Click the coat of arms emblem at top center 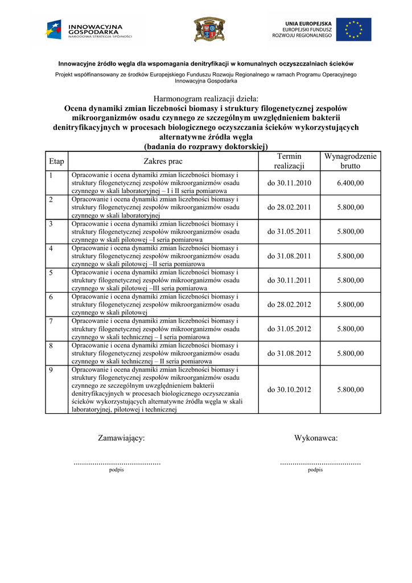coord(209,29)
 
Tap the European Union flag coord(353,30)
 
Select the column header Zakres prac coord(163,161)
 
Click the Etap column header coord(56,161)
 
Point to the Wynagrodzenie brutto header coord(350,161)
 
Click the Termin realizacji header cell coord(289,161)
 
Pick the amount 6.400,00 coord(350,183)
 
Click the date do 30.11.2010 coord(289,183)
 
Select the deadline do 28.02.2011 coord(289,207)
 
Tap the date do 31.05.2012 coord(289,329)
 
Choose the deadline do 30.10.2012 coord(289,389)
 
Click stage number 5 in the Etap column coord(51,273)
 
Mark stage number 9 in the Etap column coord(51,370)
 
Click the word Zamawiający coord(121,438)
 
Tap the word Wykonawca coord(316,438)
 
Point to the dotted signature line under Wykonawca coord(320,463)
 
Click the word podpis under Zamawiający coord(116,470)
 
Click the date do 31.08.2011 coord(289,256)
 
